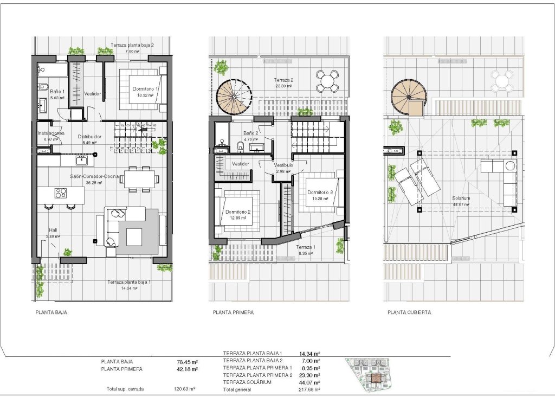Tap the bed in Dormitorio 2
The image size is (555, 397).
(236, 212)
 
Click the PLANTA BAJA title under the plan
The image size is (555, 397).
(51, 313)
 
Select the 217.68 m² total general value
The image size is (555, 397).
(309, 389)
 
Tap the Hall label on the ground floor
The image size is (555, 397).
(53, 229)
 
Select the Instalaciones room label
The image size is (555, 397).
(51, 133)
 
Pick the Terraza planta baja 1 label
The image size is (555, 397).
(129, 282)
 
